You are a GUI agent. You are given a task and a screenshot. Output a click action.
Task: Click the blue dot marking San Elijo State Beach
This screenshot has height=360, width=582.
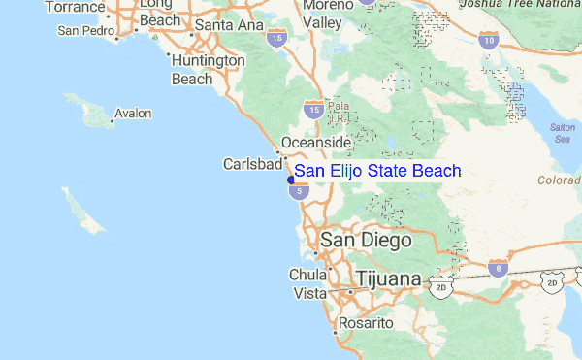tap(291, 180)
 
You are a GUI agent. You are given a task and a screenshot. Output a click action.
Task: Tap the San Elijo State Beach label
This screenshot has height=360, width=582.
tap(377, 171)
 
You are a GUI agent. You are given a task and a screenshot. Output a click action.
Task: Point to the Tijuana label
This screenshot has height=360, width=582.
tap(389, 279)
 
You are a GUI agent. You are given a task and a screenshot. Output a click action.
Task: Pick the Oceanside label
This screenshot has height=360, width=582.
tap(315, 143)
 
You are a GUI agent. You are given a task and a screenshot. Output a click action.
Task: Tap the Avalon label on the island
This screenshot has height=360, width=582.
tap(133, 114)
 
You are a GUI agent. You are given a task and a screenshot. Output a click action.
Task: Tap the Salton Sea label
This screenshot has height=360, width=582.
tap(563, 133)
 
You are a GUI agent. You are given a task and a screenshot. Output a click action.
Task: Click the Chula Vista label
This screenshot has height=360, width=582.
tap(309, 283)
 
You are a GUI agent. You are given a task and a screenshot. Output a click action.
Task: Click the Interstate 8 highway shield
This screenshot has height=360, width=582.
tap(498, 267)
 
